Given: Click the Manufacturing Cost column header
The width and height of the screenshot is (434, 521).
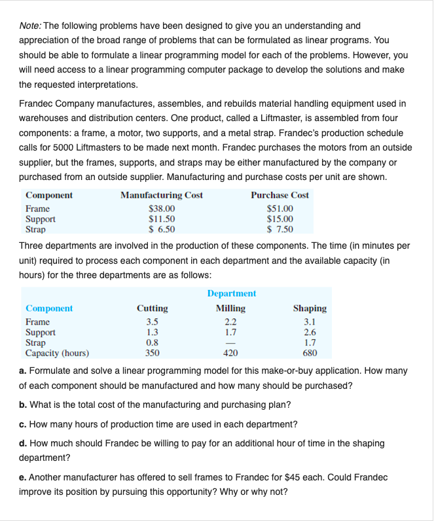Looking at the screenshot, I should [x=162, y=195].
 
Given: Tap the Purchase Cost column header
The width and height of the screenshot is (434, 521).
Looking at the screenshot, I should [x=280, y=195].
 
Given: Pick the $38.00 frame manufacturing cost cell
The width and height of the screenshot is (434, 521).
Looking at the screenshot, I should [x=162, y=209].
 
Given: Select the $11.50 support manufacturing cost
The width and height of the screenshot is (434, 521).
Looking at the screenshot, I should [x=162, y=219].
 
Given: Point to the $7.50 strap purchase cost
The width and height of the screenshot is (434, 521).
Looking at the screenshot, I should [x=280, y=229].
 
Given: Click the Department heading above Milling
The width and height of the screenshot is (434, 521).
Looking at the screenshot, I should [x=231, y=294].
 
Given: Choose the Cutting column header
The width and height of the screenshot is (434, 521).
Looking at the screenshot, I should [x=152, y=308].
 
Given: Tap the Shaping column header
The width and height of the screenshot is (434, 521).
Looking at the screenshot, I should [x=310, y=308].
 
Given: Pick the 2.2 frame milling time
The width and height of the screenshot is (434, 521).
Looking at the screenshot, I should [x=231, y=322].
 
